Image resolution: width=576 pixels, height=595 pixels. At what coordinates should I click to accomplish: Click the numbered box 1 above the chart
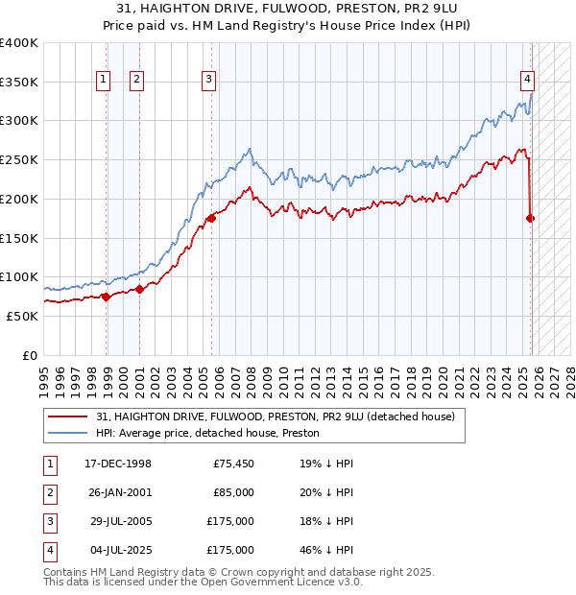103,81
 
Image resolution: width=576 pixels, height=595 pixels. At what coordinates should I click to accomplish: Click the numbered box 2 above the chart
136,81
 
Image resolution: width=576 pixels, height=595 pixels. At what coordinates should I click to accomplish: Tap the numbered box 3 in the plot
208,81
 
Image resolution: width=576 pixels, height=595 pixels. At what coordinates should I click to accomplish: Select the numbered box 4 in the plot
528,81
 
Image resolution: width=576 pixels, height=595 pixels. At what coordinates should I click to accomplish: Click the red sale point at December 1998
107,297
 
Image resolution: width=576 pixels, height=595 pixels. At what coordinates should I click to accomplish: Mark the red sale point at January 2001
139,289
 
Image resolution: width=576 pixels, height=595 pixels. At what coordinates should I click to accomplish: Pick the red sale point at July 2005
211,219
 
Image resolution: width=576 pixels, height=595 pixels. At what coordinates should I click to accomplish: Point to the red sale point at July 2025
531,219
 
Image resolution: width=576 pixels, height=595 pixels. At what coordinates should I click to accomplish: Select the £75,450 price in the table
232,464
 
